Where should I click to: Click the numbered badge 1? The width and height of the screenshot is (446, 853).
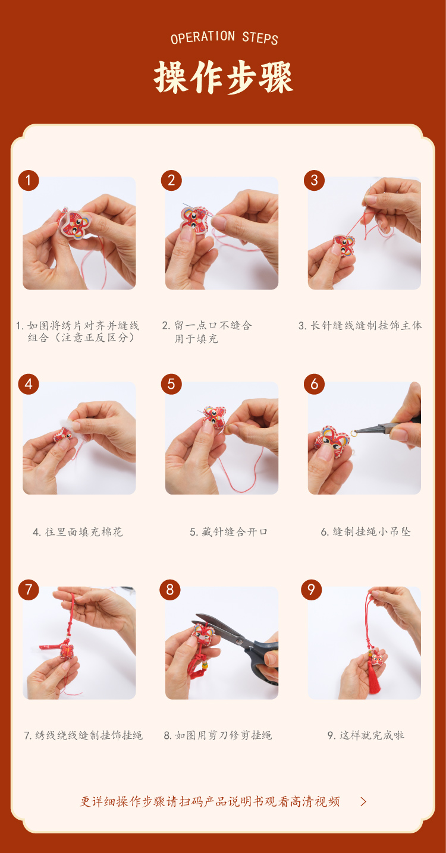29,181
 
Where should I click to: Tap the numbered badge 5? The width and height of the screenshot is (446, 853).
171,384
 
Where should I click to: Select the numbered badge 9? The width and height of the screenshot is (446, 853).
312,590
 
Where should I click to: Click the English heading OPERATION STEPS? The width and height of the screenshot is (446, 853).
224,37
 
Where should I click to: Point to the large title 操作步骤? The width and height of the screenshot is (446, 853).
224,78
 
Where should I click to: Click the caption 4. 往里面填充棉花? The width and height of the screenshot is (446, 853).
78,532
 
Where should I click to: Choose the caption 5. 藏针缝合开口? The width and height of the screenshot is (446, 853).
228,532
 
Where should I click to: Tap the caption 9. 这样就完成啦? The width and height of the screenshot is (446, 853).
366,735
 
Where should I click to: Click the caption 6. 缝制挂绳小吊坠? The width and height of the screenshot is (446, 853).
366,532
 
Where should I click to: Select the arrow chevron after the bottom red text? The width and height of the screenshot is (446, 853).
363,802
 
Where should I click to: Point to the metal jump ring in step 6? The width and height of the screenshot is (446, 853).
354,433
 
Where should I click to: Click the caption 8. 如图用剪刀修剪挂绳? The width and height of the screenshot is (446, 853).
218,735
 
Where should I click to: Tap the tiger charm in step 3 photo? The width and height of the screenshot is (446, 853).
344,245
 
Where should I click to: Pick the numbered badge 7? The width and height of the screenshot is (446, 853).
29,590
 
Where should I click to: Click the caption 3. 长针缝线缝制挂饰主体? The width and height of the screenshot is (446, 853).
360,326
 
